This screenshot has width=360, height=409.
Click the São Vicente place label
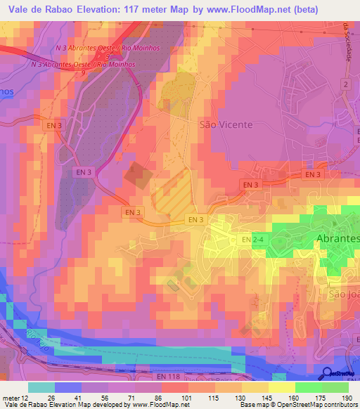226,124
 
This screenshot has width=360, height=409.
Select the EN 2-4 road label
262,240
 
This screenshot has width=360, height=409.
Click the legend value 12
25,398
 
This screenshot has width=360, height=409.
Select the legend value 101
188,398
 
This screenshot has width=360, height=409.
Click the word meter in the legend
10,398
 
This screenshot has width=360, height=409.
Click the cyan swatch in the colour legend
41,387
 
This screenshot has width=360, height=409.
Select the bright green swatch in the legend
308,387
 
